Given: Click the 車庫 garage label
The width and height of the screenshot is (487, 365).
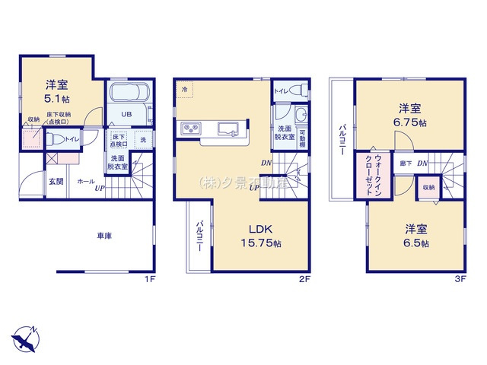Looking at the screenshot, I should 104,236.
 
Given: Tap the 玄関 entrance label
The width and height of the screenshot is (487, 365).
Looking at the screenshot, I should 56,182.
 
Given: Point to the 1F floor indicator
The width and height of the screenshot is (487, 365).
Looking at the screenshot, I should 150,280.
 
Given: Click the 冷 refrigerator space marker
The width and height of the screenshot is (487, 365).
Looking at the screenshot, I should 183,90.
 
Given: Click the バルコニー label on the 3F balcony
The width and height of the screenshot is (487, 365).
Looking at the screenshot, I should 343,139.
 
